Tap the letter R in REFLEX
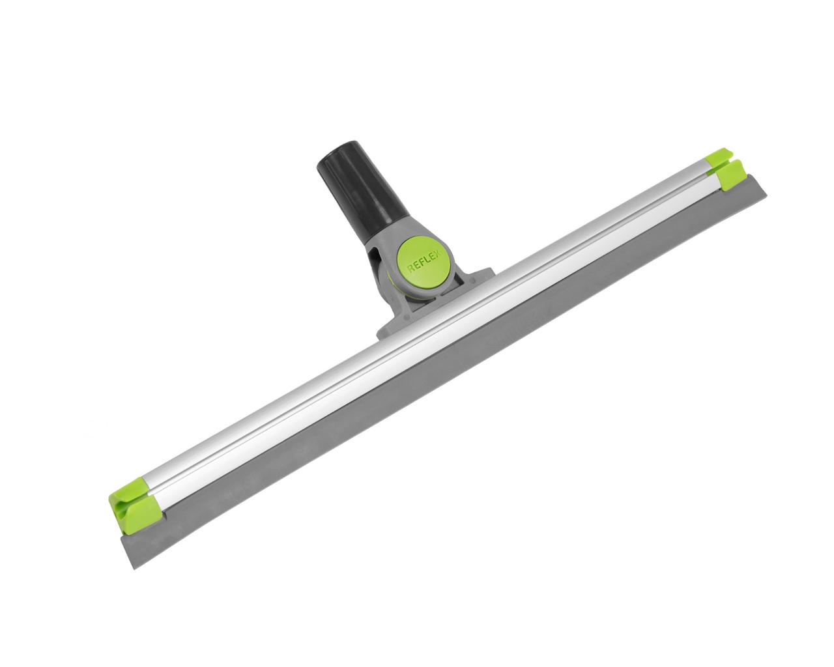pos(411,268)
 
